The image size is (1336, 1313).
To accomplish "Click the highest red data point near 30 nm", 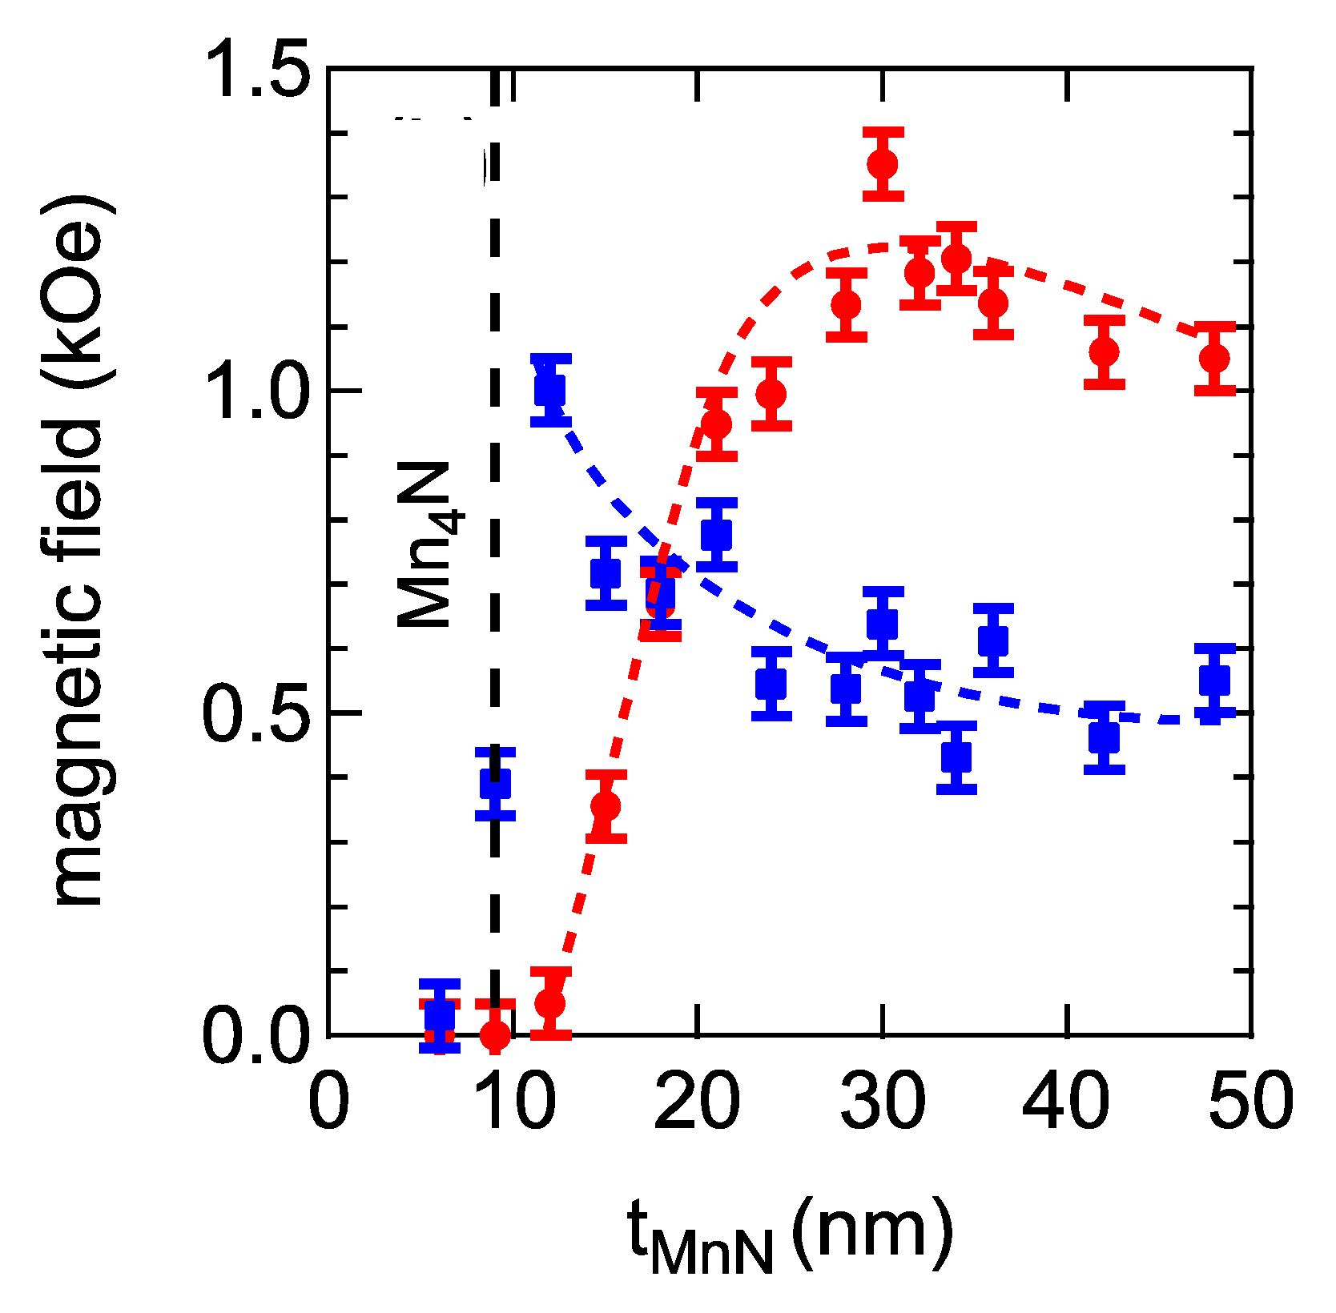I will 883,164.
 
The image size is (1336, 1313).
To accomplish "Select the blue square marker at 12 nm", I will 550,390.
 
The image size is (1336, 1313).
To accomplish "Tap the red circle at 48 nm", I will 1214,358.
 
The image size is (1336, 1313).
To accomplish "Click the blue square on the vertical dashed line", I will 495,784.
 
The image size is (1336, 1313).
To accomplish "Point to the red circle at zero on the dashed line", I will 495,1035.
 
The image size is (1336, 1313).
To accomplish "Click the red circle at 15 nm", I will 606,805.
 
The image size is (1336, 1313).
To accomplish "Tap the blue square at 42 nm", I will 1104,737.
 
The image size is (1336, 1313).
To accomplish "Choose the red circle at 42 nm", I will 1104,351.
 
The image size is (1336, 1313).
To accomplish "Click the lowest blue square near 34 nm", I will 956,757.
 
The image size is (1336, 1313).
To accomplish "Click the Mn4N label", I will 428,544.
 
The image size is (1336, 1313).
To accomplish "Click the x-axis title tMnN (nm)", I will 789,1237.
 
